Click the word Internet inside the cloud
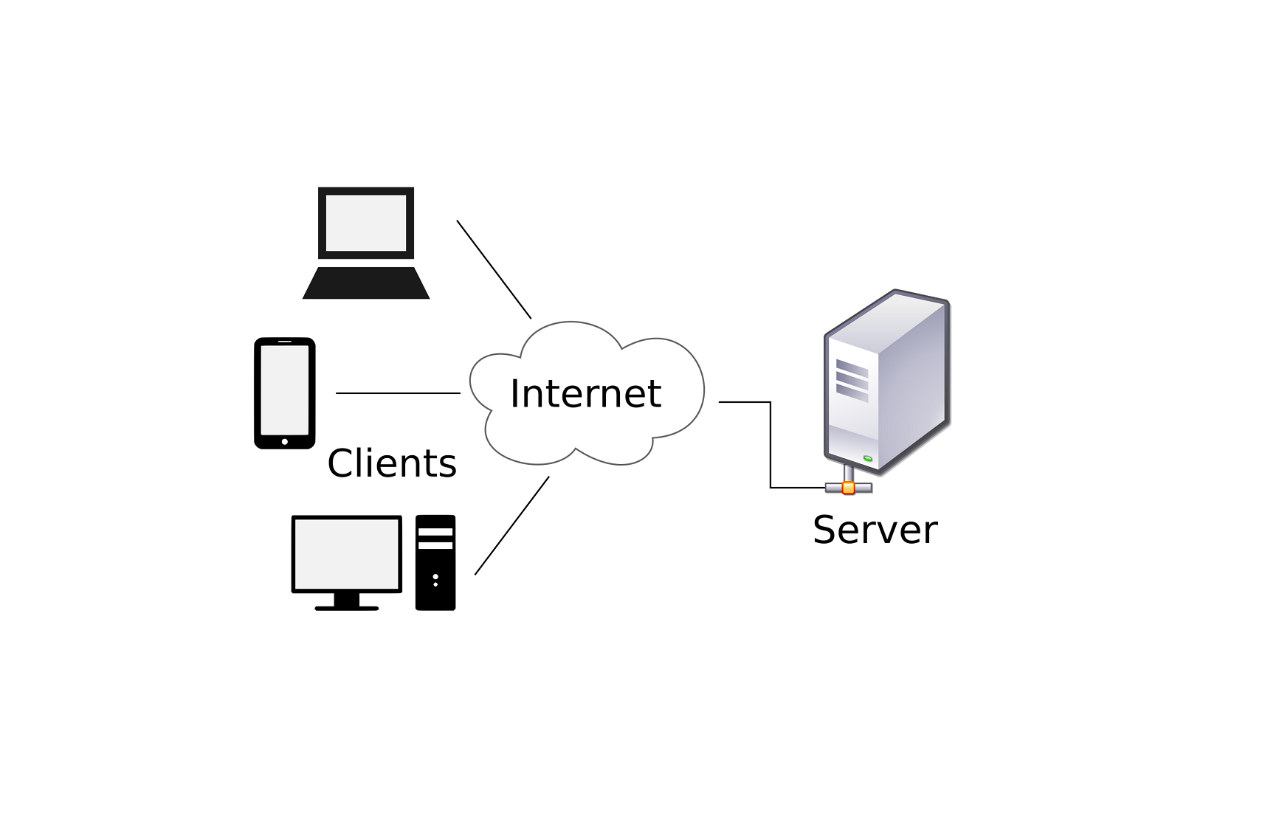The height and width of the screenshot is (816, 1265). click(585, 393)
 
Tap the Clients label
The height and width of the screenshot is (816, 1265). click(392, 463)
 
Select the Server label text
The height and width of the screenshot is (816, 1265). click(875, 530)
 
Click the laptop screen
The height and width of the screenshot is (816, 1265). click(366, 223)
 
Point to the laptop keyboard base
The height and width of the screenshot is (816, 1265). click(366, 283)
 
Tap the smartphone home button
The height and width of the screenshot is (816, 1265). click(285, 441)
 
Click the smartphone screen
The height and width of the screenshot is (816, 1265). click(285, 390)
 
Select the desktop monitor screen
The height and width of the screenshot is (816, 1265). click(347, 553)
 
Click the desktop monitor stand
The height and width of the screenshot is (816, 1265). click(347, 601)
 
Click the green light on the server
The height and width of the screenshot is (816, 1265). click(868, 459)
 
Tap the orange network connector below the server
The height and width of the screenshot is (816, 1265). click(849, 488)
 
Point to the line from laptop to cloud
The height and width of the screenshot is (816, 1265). click(494, 269)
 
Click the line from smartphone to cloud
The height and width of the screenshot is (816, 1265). click(398, 393)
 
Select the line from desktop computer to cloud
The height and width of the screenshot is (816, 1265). click(511, 525)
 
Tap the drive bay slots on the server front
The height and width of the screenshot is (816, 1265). click(852, 380)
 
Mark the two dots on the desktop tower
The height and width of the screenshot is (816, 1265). click(435, 580)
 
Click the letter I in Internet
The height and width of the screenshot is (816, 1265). click(514, 393)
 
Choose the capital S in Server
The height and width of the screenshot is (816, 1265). click(824, 530)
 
